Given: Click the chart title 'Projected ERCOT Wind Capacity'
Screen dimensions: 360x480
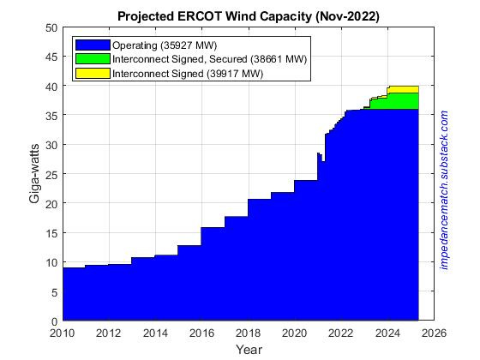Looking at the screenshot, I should tap(248, 16).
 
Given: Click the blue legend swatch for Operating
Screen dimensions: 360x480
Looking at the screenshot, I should tap(92, 44).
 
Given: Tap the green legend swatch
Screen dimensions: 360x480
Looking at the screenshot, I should tap(92, 59).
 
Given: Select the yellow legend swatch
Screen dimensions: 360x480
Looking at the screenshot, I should tap(92, 75).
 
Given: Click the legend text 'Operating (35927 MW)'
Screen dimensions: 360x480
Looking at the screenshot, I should tap(162, 44).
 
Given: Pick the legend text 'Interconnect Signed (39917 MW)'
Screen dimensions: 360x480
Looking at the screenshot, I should tap(188, 75).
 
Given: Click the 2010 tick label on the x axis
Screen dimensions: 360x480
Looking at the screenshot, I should tap(63, 333).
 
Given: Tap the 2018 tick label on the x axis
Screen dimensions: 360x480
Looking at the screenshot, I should tap(248, 333).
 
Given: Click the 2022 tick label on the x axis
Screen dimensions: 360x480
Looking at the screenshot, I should tap(341, 333).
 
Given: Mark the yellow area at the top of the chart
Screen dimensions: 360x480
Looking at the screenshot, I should tap(403, 89).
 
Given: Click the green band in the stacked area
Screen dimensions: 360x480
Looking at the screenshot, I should tap(403, 100).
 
